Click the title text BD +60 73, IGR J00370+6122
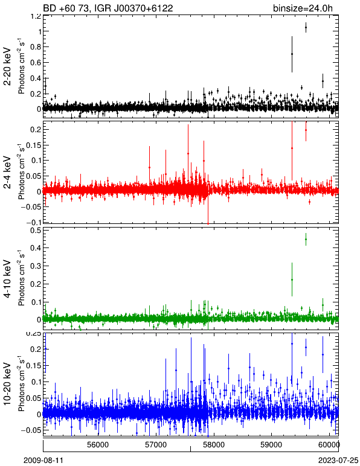tap(108, 8)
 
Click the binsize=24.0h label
tap(303, 8)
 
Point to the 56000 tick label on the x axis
tap(98, 445)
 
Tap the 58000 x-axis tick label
tap(214, 445)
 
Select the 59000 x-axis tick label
tap(272, 445)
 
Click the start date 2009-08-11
tap(43, 461)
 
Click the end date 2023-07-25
tap(338, 461)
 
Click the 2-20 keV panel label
tap(7, 66)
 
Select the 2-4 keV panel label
tap(7, 173)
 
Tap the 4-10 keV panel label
tap(7, 279)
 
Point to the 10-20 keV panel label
tap(7, 384)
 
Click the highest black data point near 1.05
tap(306, 28)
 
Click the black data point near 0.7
tap(292, 54)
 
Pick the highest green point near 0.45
tap(306, 239)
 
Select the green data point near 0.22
tap(292, 279)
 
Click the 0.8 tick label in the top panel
tap(35, 47)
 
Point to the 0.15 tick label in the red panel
tap(33, 145)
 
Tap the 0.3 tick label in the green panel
tap(35, 266)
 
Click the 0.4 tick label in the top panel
tap(35, 78)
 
